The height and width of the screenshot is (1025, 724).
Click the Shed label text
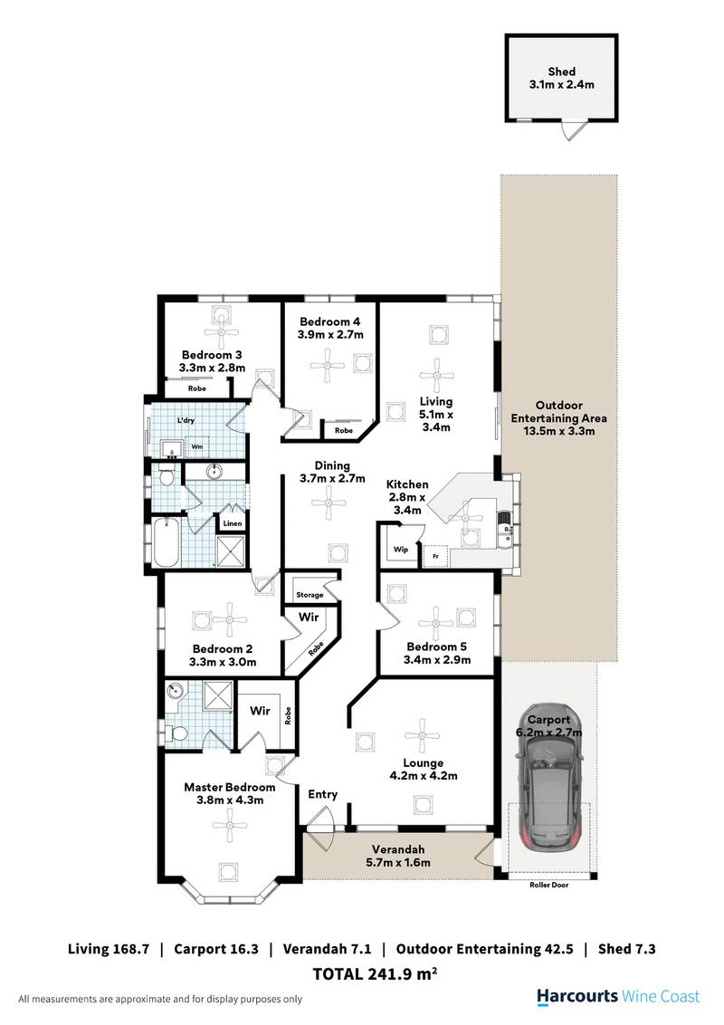pos(561,72)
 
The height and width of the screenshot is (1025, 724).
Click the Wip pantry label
pos(399,549)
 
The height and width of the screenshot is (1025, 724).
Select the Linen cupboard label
pos(230,523)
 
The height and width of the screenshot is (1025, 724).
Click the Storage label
pos(309,595)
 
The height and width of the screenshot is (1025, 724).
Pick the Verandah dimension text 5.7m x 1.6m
pos(398,863)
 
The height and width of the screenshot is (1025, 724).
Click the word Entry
pos(323,794)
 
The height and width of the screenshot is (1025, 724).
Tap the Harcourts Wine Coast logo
pos(618,996)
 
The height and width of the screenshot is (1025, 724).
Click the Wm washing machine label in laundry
pos(196,447)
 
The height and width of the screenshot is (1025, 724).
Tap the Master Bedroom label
pos(230,787)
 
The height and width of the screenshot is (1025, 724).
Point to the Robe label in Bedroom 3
pos(196,388)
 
